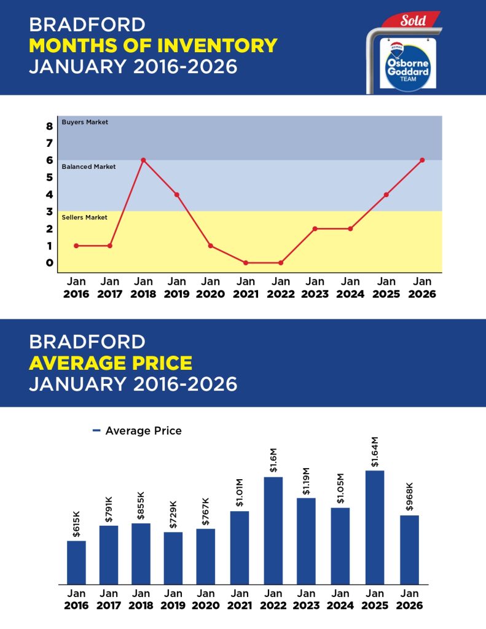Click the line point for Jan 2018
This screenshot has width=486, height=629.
[x=143, y=160]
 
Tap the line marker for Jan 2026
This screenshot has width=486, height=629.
[x=422, y=160]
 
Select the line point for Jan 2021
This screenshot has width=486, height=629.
[x=246, y=263]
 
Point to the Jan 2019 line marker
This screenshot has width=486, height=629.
[x=177, y=195]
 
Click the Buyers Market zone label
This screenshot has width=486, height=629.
[x=85, y=122]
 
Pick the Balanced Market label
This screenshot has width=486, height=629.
[x=88, y=166]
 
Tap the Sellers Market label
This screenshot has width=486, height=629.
[x=85, y=217]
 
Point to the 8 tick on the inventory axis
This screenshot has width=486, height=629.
[x=49, y=126]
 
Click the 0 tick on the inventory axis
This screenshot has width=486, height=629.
[x=49, y=263]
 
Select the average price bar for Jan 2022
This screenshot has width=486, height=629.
[x=273, y=530]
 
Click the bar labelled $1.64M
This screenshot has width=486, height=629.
[x=374, y=527]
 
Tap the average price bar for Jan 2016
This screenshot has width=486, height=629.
[x=76, y=562]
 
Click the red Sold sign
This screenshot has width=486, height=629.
[x=412, y=20]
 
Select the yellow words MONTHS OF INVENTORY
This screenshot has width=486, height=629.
[x=153, y=45]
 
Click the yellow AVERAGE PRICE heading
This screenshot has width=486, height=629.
[x=111, y=363]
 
